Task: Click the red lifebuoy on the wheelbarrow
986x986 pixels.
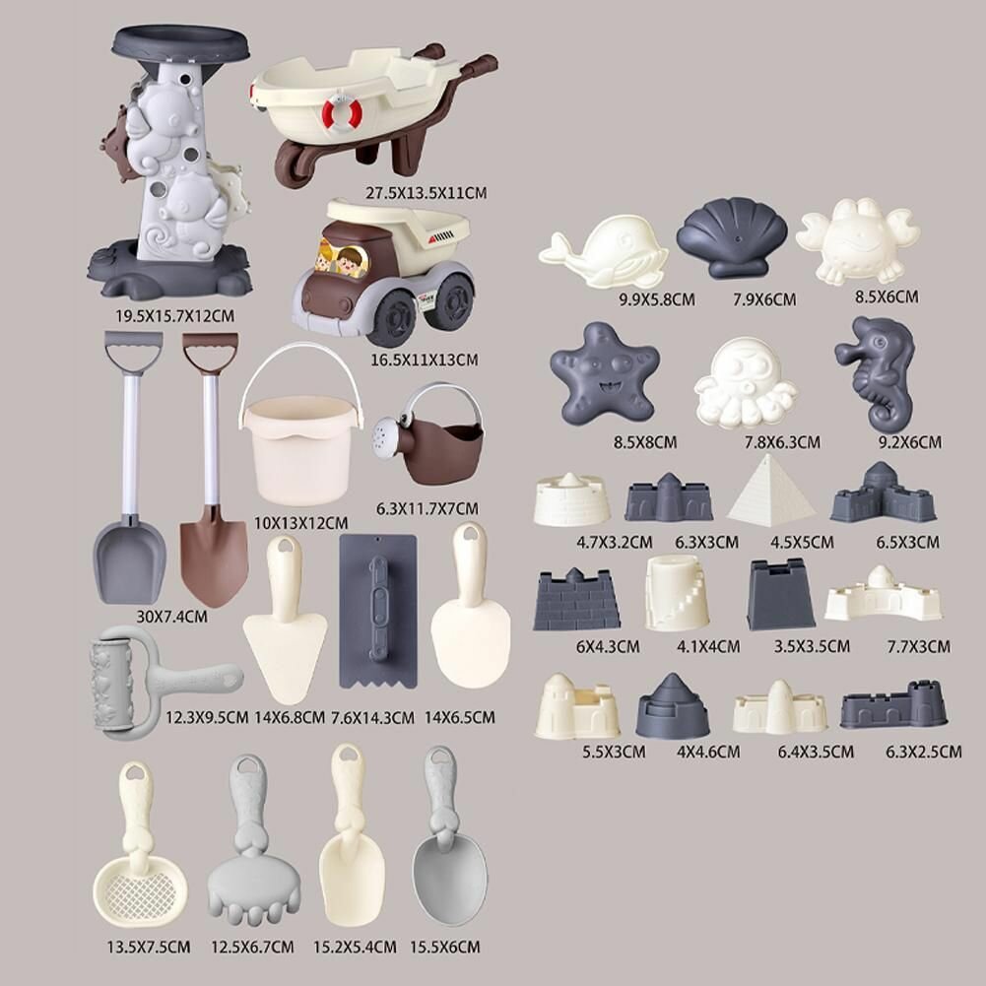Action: click(342, 114)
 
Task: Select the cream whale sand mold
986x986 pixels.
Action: click(603, 253)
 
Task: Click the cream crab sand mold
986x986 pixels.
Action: click(857, 240)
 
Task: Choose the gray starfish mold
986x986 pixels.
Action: click(605, 373)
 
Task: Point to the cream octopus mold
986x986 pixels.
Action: click(745, 382)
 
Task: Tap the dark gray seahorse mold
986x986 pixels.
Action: click(877, 371)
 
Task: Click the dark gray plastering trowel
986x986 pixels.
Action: click(378, 611)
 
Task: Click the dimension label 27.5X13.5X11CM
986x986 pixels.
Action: click(427, 193)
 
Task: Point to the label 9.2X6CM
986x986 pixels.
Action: click(910, 442)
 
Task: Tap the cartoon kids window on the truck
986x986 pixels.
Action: click(343, 259)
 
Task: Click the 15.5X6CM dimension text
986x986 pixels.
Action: click(445, 947)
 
